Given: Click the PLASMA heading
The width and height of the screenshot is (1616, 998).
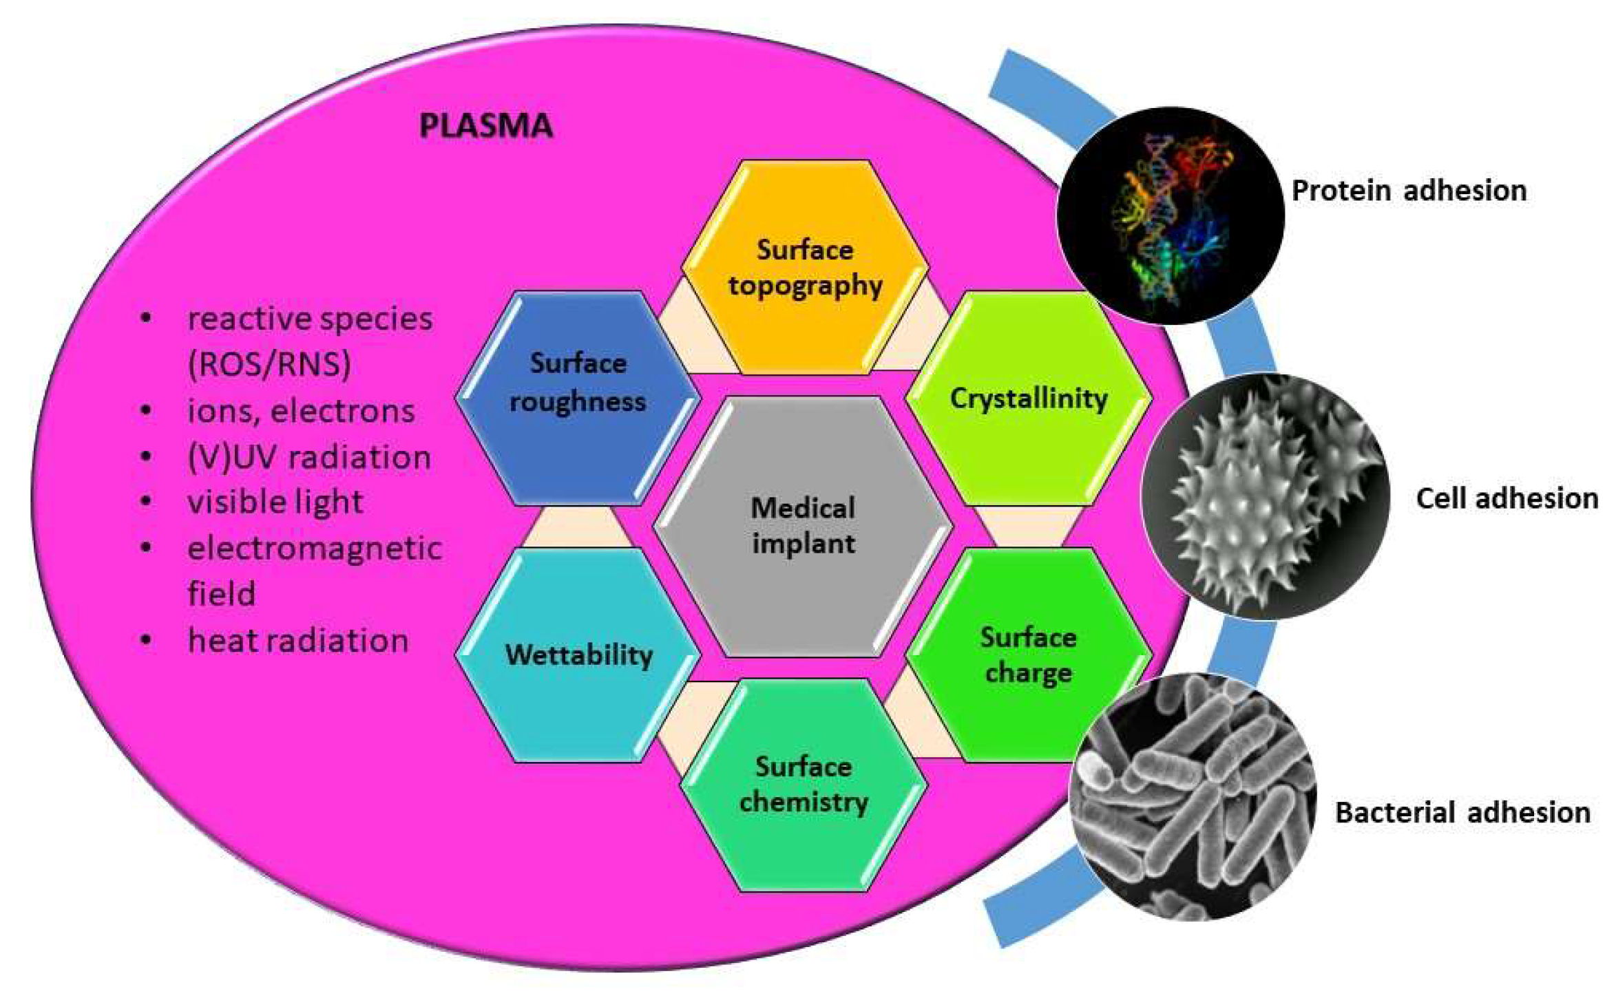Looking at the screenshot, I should (x=485, y=126).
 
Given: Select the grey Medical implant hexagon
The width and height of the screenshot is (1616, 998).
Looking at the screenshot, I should (x=803, y=526).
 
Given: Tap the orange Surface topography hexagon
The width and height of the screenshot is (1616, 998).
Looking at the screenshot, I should (x=805, y=268).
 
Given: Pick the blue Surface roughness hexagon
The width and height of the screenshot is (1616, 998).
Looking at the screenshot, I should (x=578, y=397).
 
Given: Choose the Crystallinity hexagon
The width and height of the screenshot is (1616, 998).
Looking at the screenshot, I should (x=1029, y=398).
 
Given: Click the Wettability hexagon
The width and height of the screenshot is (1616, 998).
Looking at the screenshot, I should (x=578, y=655).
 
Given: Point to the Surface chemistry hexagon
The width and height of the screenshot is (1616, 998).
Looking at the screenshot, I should (x=804, y=785).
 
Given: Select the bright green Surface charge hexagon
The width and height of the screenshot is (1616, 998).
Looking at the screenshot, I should (x=1029, y=655).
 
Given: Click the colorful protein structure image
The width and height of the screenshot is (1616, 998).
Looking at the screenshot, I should (x=1170, y=215).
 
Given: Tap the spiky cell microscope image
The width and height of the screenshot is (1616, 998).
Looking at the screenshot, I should (x=1264, y=497).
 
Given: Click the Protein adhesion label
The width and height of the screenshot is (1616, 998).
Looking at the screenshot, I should (x=1409, y=191).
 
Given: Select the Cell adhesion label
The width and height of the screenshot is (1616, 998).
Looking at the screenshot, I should (x=1507, y=498).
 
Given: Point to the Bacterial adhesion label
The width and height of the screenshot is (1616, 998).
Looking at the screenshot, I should (x=1462, y=813).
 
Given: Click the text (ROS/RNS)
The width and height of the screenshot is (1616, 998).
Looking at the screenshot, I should (x=269, y=364).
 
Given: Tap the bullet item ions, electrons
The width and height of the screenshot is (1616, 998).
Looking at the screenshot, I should (x=301, y=411).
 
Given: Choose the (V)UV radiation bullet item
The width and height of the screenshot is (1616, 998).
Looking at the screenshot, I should (x=309, y=457).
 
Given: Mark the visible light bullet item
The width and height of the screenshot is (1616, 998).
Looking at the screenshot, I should (x=275, y=502).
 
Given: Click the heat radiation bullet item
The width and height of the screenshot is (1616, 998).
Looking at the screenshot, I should (x=298, y=641).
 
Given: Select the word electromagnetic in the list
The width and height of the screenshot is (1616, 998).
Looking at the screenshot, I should (x=315, y=549).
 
